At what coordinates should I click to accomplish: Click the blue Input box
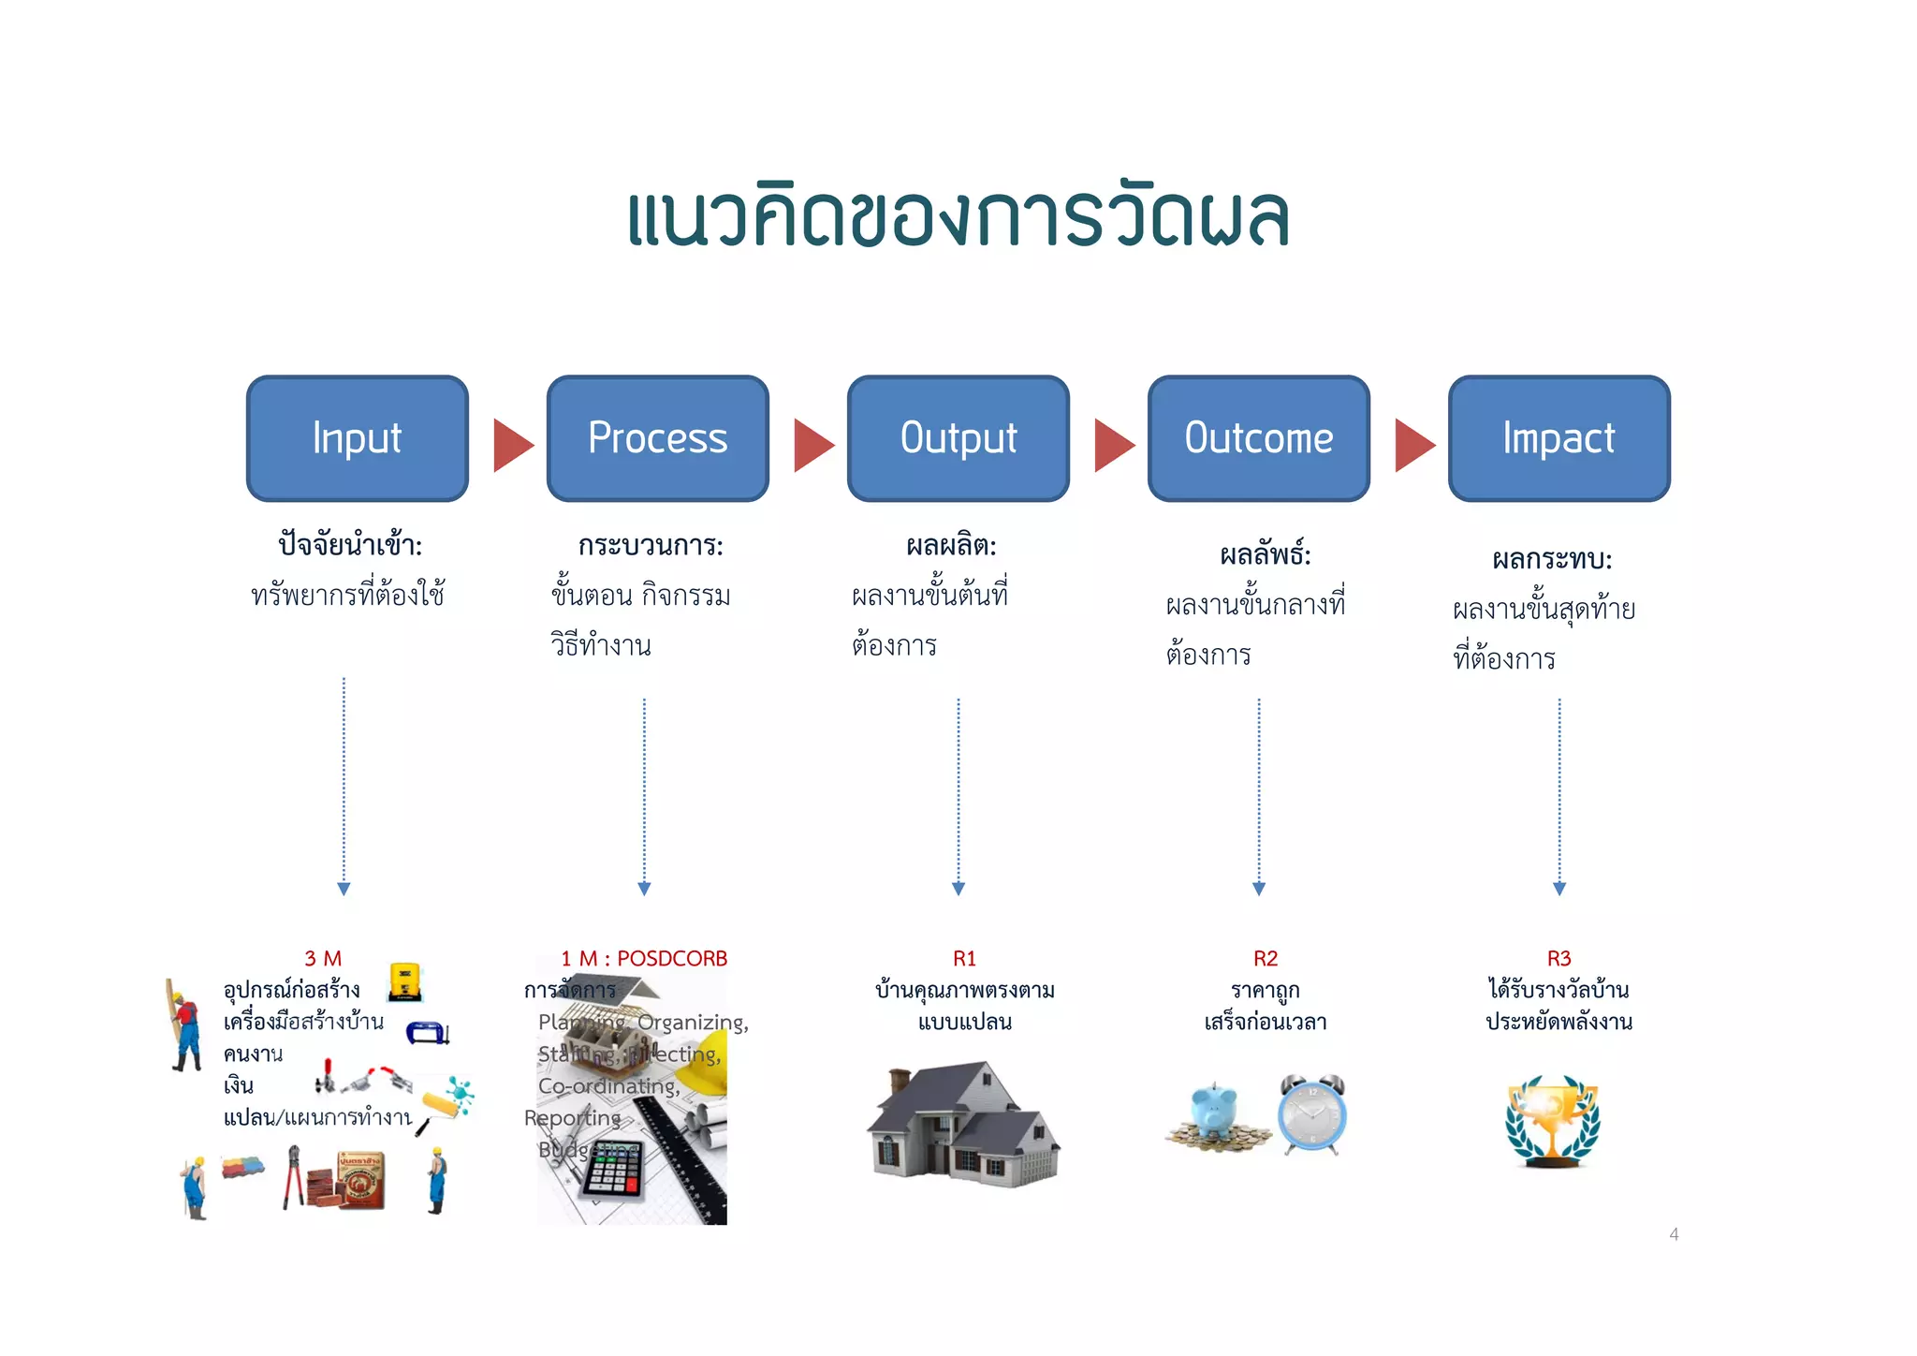pos(357,438)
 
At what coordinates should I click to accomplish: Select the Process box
pos(657,438)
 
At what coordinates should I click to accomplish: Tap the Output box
pos(958,438)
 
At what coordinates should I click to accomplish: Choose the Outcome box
pos(1258,438)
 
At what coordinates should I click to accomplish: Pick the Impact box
pos(1558,438)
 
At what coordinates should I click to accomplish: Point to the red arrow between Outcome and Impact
pos(1412,445)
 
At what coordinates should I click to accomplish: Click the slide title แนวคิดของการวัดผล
pos(958,217)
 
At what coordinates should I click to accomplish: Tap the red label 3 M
pos(323,958)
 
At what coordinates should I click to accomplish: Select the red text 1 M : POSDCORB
pos(644,958)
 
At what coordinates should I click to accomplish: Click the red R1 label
pos(964,958)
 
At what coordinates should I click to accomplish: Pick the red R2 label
pos(1265,958)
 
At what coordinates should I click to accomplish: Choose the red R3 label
pos(1558,958)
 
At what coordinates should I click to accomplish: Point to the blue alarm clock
pos(1312,1114)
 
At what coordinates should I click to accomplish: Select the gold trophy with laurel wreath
pos(1552,1122)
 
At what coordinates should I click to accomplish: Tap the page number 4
pos(1674,1234)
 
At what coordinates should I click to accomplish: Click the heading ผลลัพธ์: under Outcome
pos(1265,555)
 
